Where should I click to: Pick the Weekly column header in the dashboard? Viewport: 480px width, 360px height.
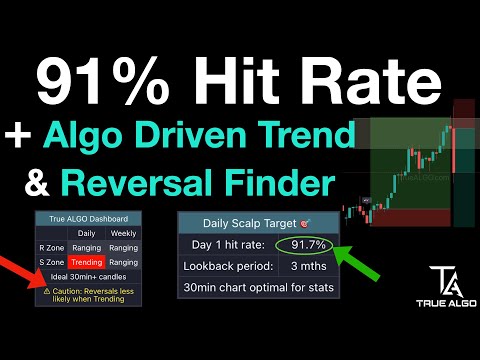coord(124,232)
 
